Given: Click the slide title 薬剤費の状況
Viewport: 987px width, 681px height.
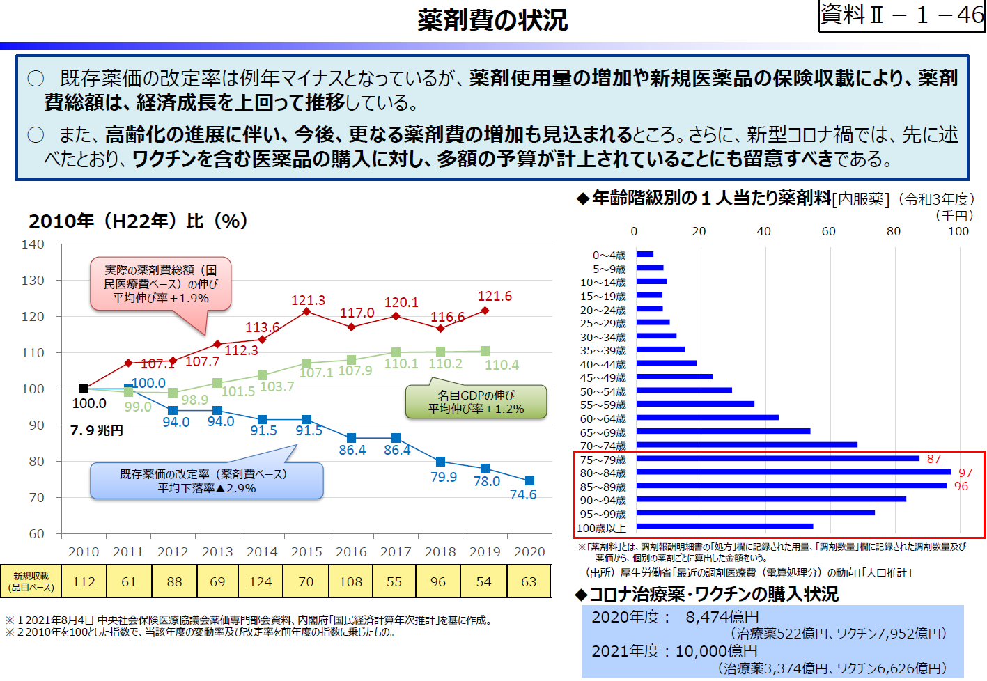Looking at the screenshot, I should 492,20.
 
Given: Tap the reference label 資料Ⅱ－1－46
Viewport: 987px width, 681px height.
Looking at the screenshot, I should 901,15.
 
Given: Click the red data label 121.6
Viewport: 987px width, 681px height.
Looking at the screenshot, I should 495,297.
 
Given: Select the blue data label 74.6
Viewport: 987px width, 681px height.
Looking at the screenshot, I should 523,494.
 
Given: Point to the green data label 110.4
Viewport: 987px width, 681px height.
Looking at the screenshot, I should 502,365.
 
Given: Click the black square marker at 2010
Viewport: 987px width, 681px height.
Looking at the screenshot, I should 84,389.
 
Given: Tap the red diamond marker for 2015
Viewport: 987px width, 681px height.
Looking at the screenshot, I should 306,311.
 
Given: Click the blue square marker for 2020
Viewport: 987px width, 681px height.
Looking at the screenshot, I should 529,481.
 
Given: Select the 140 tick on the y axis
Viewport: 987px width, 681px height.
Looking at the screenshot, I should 33,244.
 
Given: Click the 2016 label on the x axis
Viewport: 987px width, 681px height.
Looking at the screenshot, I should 351,551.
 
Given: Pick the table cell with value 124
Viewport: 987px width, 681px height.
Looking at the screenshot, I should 261,581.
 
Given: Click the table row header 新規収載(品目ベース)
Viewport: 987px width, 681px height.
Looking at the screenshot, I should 31,581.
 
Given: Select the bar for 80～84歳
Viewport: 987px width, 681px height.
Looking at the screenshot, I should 793,472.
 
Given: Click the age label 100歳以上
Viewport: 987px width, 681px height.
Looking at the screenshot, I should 601,528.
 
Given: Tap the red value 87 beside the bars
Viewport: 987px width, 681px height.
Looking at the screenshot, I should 933,459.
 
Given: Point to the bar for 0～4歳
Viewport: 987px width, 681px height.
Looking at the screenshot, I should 644,254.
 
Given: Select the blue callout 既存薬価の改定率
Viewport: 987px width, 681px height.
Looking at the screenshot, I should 206,480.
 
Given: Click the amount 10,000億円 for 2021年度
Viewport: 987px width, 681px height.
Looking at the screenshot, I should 716,651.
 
